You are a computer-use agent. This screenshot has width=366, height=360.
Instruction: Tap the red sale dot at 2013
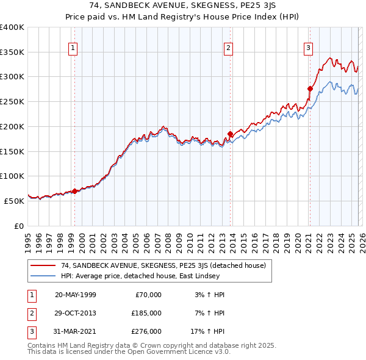tap(230, 134)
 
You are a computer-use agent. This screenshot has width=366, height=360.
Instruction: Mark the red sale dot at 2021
tap(310, 88)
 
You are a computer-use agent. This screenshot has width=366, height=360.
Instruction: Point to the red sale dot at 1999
tap(74, 191)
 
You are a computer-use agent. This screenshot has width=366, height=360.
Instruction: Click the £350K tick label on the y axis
tap(12, 52)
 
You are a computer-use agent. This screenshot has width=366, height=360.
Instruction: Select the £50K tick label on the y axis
tap(15, 201)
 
